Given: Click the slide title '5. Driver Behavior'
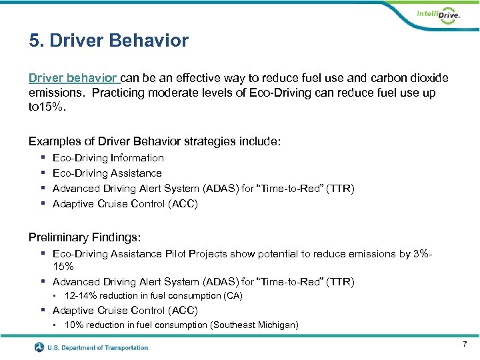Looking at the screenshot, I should click(x=109, y=41).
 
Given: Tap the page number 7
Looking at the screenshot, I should click(x=465, y=343).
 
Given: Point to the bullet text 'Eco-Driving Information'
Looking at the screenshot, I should click(x=108, y=158).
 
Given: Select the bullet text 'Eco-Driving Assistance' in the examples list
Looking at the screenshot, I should click(x=107, y=173).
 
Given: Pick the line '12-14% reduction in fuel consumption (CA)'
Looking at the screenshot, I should click(x=153, y=295).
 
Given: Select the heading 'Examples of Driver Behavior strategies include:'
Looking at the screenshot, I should click(x=155, y=141).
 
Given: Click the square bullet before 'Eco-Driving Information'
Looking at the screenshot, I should click(x=42, y=158).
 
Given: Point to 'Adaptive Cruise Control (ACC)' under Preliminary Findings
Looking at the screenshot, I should click(x=125, y=310).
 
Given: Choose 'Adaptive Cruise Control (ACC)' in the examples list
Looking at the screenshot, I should click(x=125, y=204).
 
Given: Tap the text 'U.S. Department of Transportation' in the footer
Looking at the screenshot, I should click(x=99, y=347).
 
